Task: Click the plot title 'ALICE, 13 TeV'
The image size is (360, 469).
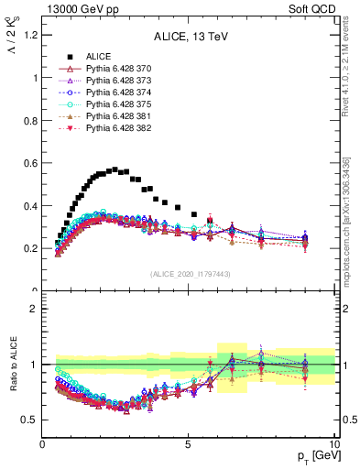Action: (x=189, y=38)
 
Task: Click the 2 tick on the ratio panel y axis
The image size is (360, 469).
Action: (x=34, y=309)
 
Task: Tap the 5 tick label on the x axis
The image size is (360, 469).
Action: (x=188, y=443)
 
